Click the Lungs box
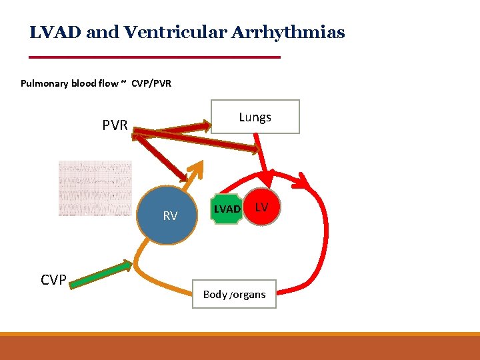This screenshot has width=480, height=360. [255, 117]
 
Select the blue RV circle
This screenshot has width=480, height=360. [168, 214]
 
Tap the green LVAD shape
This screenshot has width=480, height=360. [227, 209]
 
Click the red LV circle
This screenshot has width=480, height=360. [262, 207]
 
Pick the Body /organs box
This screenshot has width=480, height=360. [234, 294]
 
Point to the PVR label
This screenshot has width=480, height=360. [115, 125]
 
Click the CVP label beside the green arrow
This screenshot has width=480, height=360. [53, 280]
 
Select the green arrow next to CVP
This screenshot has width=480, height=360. [101, 275]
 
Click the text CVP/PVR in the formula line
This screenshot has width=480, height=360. [151, 83]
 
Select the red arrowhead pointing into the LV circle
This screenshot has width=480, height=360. [269, 179]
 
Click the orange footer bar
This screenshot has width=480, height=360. [240, 347]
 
